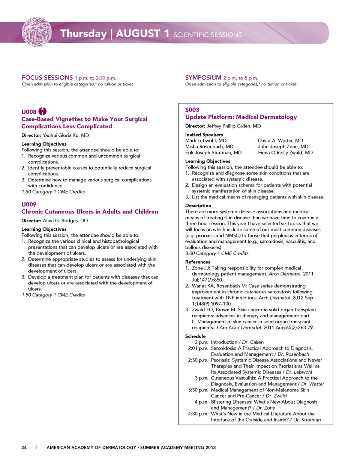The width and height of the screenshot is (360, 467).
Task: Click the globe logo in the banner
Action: click(x=37, y=32)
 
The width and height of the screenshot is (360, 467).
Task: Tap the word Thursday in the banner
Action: click(x=84, y=34)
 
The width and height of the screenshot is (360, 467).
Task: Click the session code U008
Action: click(x=29, y=112)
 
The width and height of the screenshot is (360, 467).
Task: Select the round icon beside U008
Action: click(x=43, y=111)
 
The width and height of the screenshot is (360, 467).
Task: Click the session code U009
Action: click(x=29, y=204)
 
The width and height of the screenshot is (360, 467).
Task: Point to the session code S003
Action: click(x=192, y=110)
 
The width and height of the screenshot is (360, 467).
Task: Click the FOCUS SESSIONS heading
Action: click(x=47, y=78)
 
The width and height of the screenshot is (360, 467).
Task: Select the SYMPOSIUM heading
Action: click(x=203, y=78)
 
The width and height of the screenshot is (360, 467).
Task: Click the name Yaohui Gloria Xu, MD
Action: click(x=66, y=135)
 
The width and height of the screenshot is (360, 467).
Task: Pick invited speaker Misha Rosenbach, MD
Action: click(x=209, y=147)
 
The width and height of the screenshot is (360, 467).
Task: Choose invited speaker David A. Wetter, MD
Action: click(x=280, y=141)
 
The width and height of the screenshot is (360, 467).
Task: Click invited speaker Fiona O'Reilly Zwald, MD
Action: click(x=285, y=153)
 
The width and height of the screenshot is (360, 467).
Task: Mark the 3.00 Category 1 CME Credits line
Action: click(x=217, y=254)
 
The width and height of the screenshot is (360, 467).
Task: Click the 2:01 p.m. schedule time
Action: click(x=198, y=348)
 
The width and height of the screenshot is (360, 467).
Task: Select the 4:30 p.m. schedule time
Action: click(x=198, y=414)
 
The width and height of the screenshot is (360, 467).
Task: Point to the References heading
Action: click(x=198, y=262)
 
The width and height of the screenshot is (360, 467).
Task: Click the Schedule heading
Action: click(x=195, y=336)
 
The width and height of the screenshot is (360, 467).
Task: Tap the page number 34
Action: click(x=24, y=447)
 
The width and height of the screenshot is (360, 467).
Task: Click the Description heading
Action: click(x=198, y=206)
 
